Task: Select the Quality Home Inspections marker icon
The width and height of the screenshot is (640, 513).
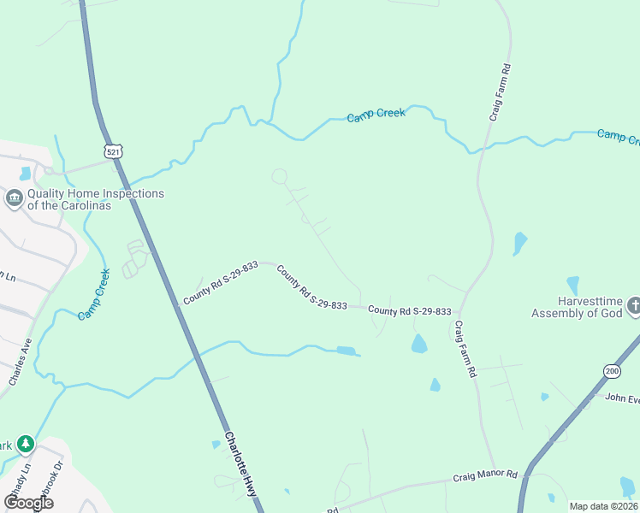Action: pos(15,199)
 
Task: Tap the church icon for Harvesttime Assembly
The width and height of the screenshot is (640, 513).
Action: pos(634,305)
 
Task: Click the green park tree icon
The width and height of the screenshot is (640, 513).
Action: pos(26,444)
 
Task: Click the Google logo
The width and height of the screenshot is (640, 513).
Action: pos(29,502)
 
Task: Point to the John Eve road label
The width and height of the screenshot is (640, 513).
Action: pos(622,398)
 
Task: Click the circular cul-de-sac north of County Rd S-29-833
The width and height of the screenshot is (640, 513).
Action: pos(280,176)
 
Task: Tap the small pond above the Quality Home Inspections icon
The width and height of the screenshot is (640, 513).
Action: pos(25,174)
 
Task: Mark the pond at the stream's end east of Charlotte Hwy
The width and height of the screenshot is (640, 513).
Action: pos(346,351)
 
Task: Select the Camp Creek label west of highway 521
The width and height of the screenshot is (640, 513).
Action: pos(95,294)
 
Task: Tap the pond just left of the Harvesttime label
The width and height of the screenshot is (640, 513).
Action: pos(572,285)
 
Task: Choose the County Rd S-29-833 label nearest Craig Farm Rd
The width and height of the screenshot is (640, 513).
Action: pos(410,311)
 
